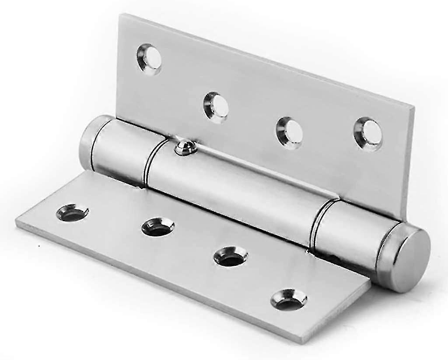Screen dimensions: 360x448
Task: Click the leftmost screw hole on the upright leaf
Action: [149, 59]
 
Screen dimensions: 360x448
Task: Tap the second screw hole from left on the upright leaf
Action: [217, 107]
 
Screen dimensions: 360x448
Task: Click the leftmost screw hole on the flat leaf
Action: [72, 213]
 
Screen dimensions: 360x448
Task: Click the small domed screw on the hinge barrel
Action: [185, 148]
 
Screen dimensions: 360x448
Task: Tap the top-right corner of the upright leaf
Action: [413, 106]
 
